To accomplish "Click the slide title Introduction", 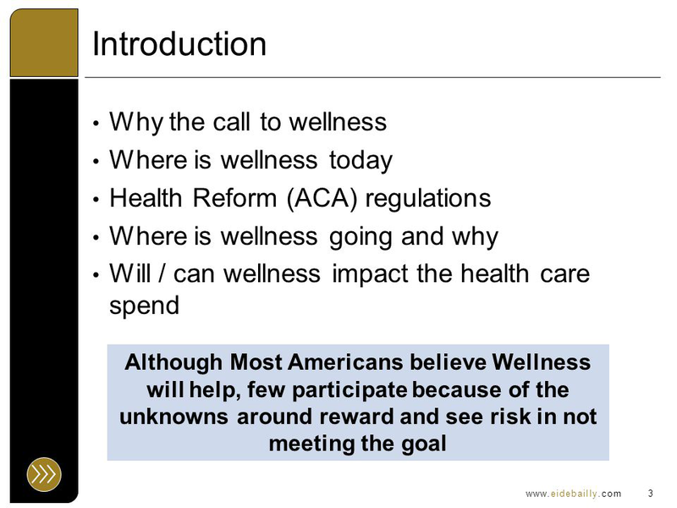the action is click(179, 44).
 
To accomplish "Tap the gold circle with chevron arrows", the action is click(44, 474).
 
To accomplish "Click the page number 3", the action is click(650, 493).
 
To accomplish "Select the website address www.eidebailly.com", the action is click(574, 494).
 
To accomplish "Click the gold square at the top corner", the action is click(44, 43).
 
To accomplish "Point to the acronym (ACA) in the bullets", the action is click(322, 198).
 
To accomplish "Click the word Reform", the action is click(234, 198).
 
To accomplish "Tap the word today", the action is click(361, 161).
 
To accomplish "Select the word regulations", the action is click(428, 199).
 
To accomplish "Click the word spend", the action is click(144, 306).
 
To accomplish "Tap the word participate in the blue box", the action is click(350, 390).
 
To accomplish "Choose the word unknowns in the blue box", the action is click(174, 417).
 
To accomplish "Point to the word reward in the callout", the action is click(356, 417).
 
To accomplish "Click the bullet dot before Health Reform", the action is click(96, 200).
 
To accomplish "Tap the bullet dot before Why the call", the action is click(96, 124).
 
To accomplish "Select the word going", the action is click(361, 237).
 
